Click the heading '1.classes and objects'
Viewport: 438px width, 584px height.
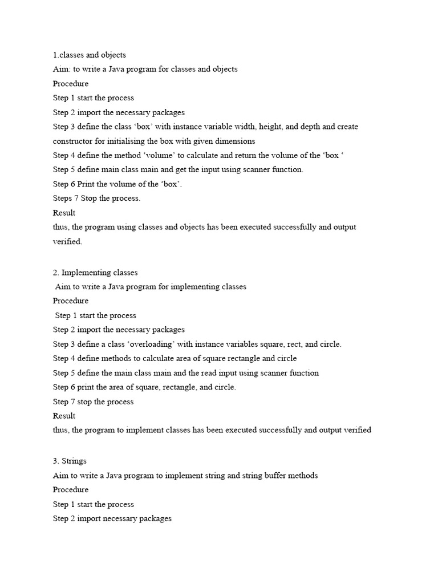[x=90, y=55]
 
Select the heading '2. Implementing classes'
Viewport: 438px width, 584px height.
[x=95, y=273]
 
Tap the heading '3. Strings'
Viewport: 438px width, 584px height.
[x=70, y=461]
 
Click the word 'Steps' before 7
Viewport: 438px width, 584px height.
[x=63, y=198]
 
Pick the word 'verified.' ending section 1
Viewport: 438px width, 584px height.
[x=67, y=242]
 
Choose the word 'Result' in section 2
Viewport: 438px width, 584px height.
[x=64, y=416]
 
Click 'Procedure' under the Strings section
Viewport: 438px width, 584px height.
[x=71, y=490]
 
